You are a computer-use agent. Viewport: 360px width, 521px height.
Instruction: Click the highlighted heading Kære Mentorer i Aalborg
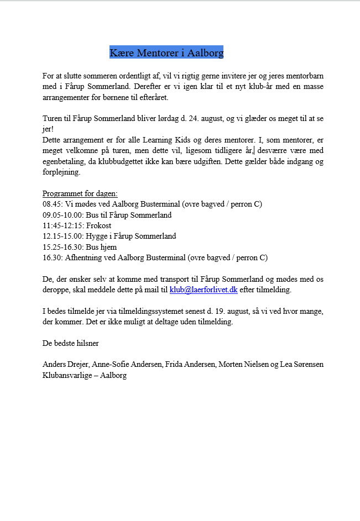pyautogui.click(x=166, y=53)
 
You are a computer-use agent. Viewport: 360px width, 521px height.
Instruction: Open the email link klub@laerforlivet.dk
pyautogui.click(x=203, y=290)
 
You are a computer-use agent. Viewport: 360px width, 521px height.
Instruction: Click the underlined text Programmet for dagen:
pyautogui.click(x=80, y=193)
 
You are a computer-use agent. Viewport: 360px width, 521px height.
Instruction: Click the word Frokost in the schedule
pyautogui.click(x=99, y=225)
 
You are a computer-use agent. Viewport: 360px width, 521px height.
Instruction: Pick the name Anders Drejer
pyautogui.click(x=66, y=365)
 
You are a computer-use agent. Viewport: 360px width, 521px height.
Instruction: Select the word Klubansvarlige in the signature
pyautogui.click(x=64, y=375)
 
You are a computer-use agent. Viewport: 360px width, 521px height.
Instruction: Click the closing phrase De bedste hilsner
pyautogui.click(x=71, y=343)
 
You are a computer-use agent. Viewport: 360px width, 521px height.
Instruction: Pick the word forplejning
pyautogui.click(x=61, y=172)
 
